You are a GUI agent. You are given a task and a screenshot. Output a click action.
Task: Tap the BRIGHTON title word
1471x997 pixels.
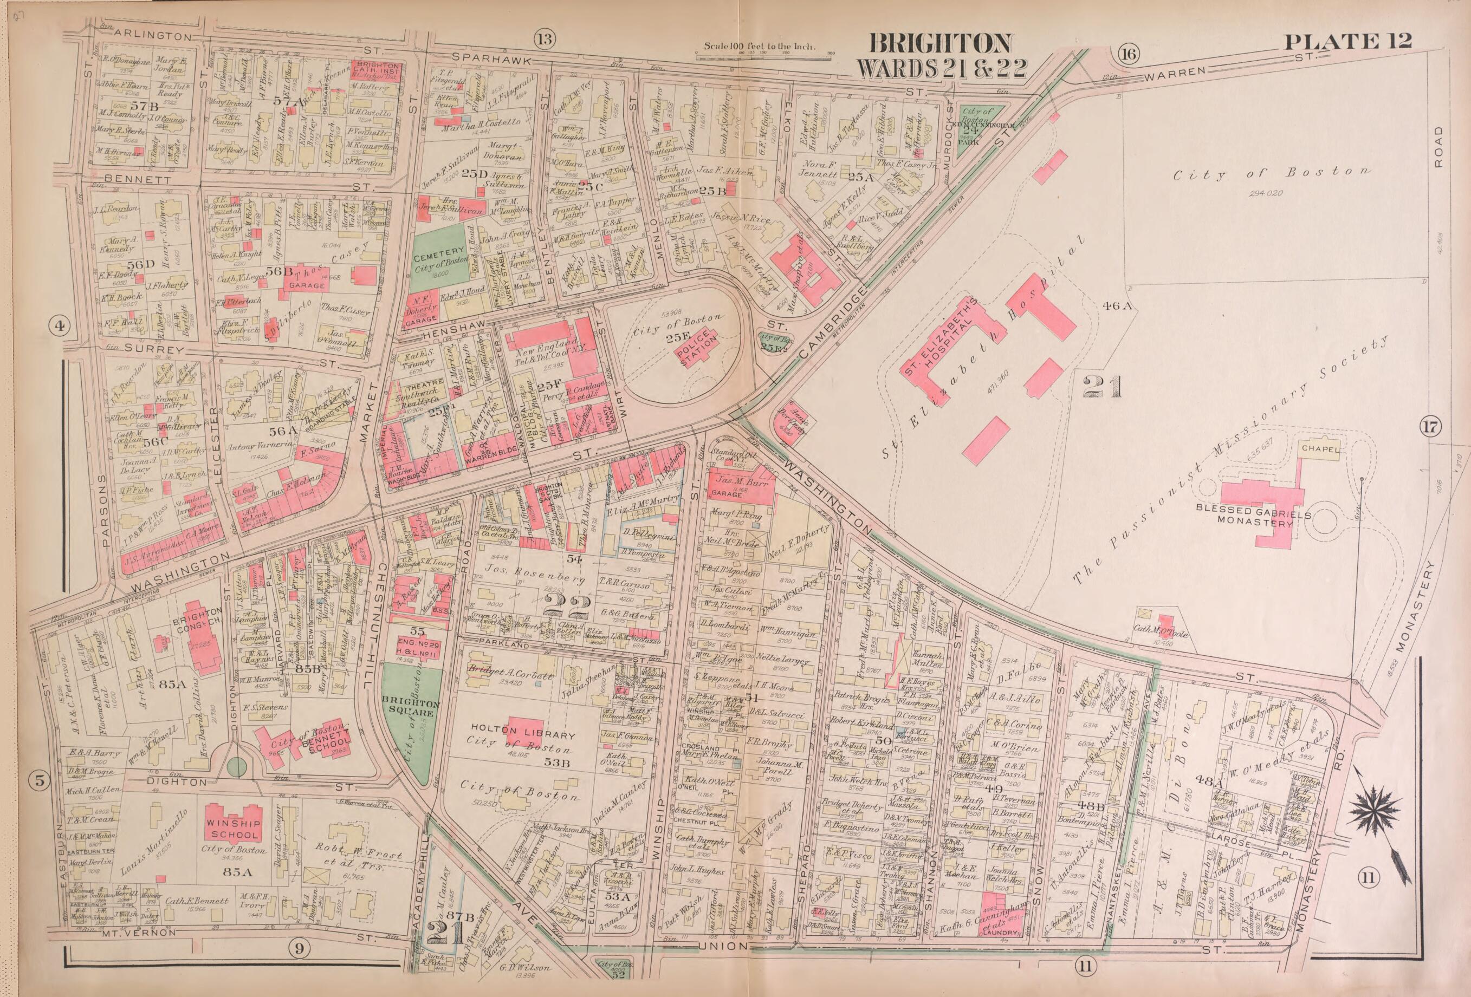pos(941,44)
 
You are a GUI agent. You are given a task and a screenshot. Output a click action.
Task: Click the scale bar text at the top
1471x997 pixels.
pos(760,47)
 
